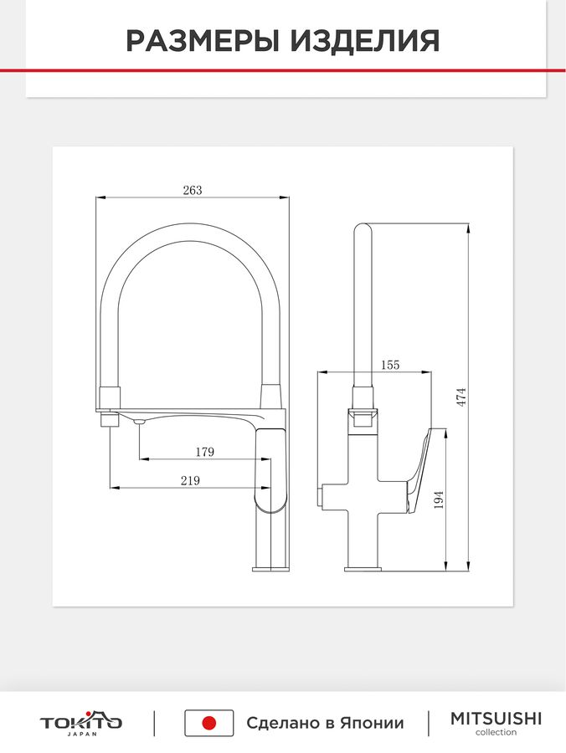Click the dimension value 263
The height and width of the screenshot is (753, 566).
point(193,190)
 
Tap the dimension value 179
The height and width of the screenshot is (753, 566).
point(204,452)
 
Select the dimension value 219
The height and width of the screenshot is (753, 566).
point(190,481)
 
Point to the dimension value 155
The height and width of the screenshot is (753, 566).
point(389,365)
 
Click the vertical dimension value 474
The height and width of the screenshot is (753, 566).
point(461,397)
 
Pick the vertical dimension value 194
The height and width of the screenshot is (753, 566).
point(438,500)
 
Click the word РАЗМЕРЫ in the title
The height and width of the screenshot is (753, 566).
point(203,41)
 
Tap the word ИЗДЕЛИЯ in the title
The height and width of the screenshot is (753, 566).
point(365,41)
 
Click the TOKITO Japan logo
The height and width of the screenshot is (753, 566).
point(80,723)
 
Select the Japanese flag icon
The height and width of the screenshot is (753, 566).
point(209,723)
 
